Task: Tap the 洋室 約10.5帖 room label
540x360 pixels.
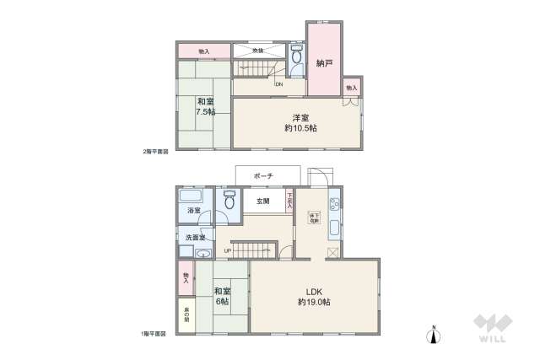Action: pos(300,122)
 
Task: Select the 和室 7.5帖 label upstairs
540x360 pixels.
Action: pos(206,106)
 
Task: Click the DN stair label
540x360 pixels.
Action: pos(278,83)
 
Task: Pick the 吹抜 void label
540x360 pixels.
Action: pos(259,51)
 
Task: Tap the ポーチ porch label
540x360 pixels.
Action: pos(263,175)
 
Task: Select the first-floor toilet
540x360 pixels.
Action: pos(229,202)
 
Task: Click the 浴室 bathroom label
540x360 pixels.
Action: pos(194,210)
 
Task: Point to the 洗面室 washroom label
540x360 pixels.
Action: pos(195,238)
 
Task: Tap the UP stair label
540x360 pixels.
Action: pos(227,250)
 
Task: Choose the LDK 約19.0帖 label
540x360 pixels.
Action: pos(313,296)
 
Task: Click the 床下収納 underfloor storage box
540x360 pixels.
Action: pos(314,215)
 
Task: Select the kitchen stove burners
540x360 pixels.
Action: pos(334,203)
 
